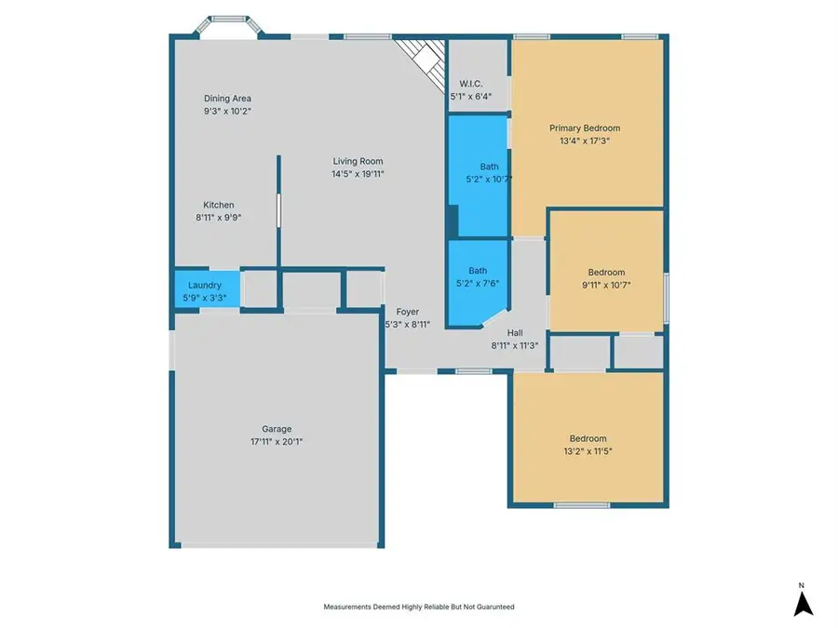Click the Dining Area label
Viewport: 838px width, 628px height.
click(x=227, y=99)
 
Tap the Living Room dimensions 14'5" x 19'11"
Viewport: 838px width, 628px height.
click(x=358, y=174)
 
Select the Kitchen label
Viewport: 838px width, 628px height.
click(x=219, y=205)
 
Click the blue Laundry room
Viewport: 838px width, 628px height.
click(x=207, y=289)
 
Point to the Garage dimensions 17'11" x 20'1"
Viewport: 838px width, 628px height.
click(x=277, y=442)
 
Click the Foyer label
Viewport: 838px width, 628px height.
click(x=407, y=312)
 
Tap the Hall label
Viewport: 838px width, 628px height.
click(x=515, y=333)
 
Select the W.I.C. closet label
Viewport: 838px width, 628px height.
click(x=471, y=84)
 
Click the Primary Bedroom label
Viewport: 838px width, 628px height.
click(x=585, y=128)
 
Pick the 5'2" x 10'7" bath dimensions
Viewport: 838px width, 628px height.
click(x=489, y=180)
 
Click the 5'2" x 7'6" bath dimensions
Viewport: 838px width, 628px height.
click(x=478, y=284)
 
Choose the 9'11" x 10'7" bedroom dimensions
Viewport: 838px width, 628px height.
click(x=606, y=286)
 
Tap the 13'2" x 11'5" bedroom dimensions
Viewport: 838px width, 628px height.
click(x=588, y=451)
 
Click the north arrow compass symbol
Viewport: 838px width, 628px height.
click(x=803, y=604)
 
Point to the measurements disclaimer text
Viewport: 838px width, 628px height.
click(x=419, y=607)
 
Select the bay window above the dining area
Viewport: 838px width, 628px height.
click(x=228, y=26)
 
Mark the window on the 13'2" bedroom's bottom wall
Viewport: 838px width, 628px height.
click(x=581, y=505)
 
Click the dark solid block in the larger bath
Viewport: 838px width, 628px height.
click(x=453, y=221)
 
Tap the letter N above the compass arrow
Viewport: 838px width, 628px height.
click(x=801, y=586)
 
